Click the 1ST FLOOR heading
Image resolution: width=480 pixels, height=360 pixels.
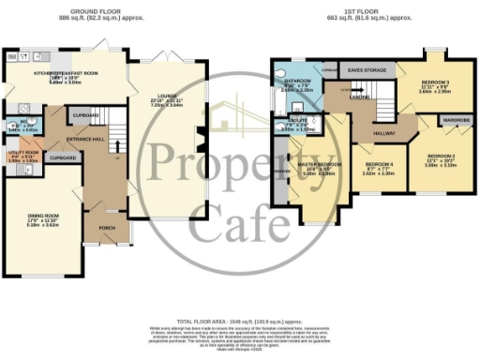364,11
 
